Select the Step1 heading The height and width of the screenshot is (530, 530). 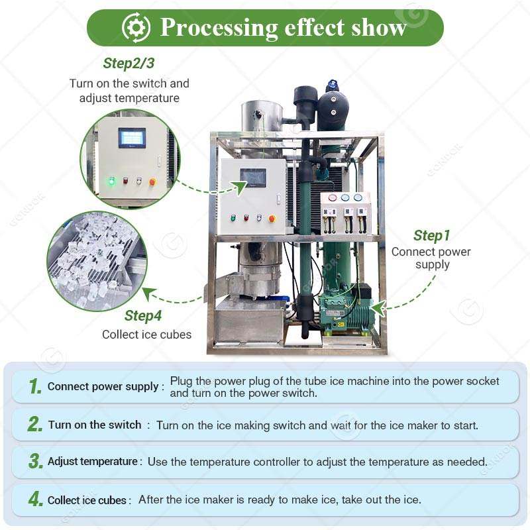[x=431, y=235]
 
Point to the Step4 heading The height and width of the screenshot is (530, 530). [x=143, y=316]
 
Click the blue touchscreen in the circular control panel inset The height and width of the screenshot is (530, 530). [x=131, y=138]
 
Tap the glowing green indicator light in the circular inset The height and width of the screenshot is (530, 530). [x=111, y=180]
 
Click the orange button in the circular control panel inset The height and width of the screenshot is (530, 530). [x=152, y=181]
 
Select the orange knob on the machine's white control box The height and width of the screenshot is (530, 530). [x=272, y=217]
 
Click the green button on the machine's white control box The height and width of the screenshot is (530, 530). [x=233, y=217]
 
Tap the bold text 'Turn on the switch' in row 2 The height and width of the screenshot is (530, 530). [x=95, y=425]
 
